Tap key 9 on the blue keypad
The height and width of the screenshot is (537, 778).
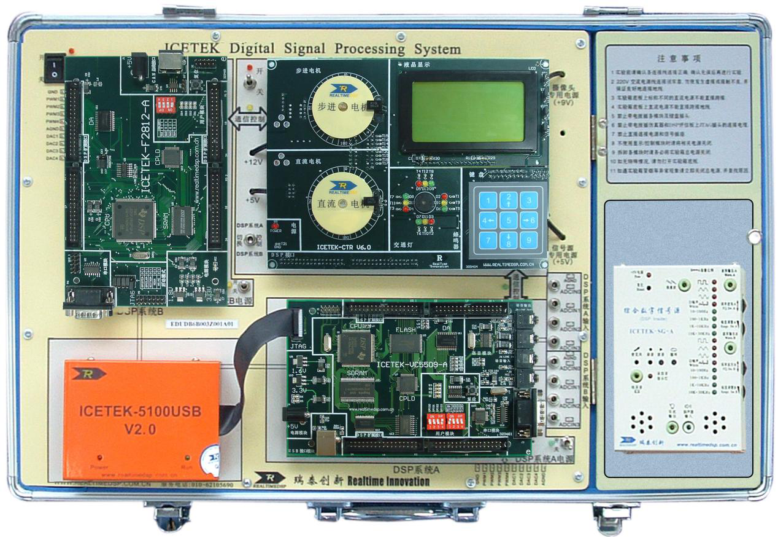(x=528, y=240)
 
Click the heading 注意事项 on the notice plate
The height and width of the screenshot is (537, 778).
(x=679, y=59)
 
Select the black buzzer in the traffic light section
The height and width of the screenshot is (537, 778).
(x=423, y=205)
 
